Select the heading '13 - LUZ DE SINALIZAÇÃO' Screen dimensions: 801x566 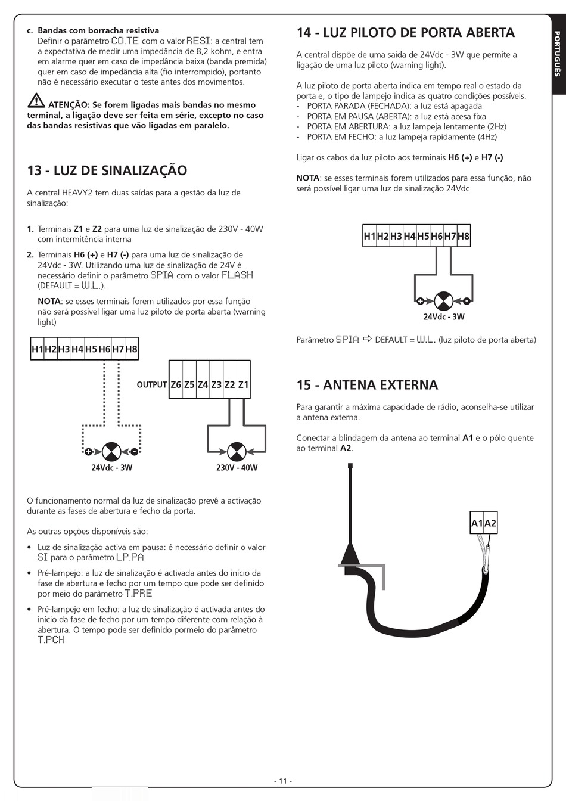click(x=107, y=170)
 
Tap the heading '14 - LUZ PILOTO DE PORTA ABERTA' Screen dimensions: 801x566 click(x=405, y=32)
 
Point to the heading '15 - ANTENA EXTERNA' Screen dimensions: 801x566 click(x=367, y=385)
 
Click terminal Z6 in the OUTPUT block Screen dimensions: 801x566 click(x=176, y=385)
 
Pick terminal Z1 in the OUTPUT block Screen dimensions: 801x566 click(x=243, y=385)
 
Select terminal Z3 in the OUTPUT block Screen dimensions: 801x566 click(x=216, y=385)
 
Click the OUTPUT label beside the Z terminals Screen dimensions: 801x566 click(x=151, y=385)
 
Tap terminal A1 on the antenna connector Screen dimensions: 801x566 click(x=477, y=524)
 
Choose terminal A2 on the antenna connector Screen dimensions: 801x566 click(x=490, y=524)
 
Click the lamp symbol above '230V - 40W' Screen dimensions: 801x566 click(x=237, y=452)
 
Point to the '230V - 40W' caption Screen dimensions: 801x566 click(x=237, y=468)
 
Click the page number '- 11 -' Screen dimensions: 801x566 click(x=283, y=781)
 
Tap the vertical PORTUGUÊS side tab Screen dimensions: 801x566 click(x=557, y=54)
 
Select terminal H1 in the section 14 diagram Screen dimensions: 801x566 click(x=369, y=236)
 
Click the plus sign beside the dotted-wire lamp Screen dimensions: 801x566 click(x=88, y=452)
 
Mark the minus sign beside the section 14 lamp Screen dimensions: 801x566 click(x=467, y=301)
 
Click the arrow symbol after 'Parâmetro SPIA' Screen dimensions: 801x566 click(x=367, y=339)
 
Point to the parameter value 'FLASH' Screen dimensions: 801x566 click(x=237, y=275)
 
